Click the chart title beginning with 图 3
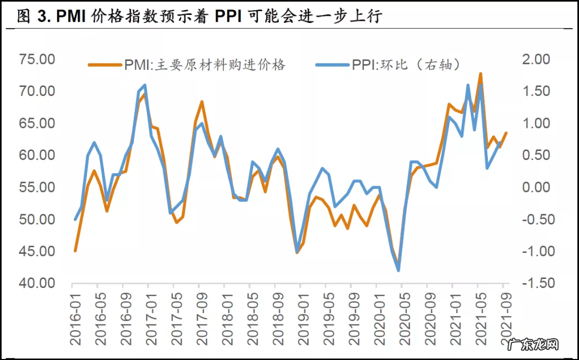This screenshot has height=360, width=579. pos(200,17)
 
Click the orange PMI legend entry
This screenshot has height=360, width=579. pos(187,65)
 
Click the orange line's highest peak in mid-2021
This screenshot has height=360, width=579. pos(480,74)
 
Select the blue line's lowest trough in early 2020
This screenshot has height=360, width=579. pos(398,270)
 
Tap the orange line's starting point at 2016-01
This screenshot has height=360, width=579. pos(75,251)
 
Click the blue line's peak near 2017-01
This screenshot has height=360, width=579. pos(145,85)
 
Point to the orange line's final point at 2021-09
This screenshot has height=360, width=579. pos(506,133)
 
